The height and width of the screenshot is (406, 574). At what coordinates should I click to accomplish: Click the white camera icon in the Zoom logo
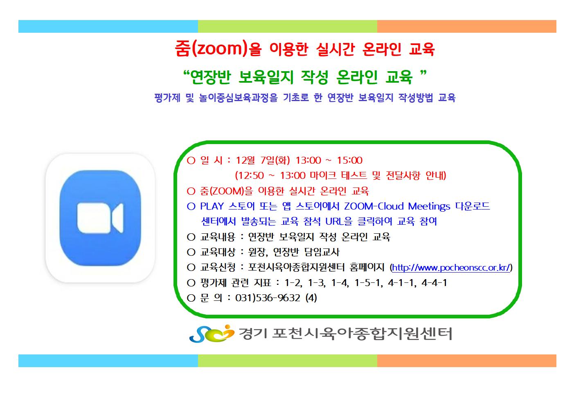(100, 218)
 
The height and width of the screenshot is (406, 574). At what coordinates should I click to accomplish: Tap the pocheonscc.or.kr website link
(451, 268)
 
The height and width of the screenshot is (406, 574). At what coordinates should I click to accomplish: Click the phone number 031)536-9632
(268, 298)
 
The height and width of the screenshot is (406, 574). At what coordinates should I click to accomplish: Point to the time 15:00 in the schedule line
(349, 160)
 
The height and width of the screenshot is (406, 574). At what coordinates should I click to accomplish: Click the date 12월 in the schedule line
(245, 160)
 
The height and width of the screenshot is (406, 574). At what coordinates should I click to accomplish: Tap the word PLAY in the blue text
(212, 206)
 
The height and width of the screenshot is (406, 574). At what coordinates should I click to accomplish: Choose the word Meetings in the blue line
(429, 207)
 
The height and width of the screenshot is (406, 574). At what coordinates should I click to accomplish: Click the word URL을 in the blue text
(339, 221)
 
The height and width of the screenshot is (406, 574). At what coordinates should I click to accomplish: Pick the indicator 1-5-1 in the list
(367, 283)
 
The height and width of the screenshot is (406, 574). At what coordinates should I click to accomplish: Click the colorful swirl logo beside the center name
(212, 333)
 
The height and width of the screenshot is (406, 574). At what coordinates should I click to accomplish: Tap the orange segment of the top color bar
(467, 27)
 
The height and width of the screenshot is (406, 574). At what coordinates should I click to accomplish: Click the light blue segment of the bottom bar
(108, 361)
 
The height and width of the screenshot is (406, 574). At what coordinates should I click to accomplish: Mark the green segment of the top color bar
(287, 27)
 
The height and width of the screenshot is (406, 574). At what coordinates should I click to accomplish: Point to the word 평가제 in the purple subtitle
(167, 98)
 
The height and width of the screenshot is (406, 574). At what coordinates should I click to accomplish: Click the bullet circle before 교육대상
(191, 252)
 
